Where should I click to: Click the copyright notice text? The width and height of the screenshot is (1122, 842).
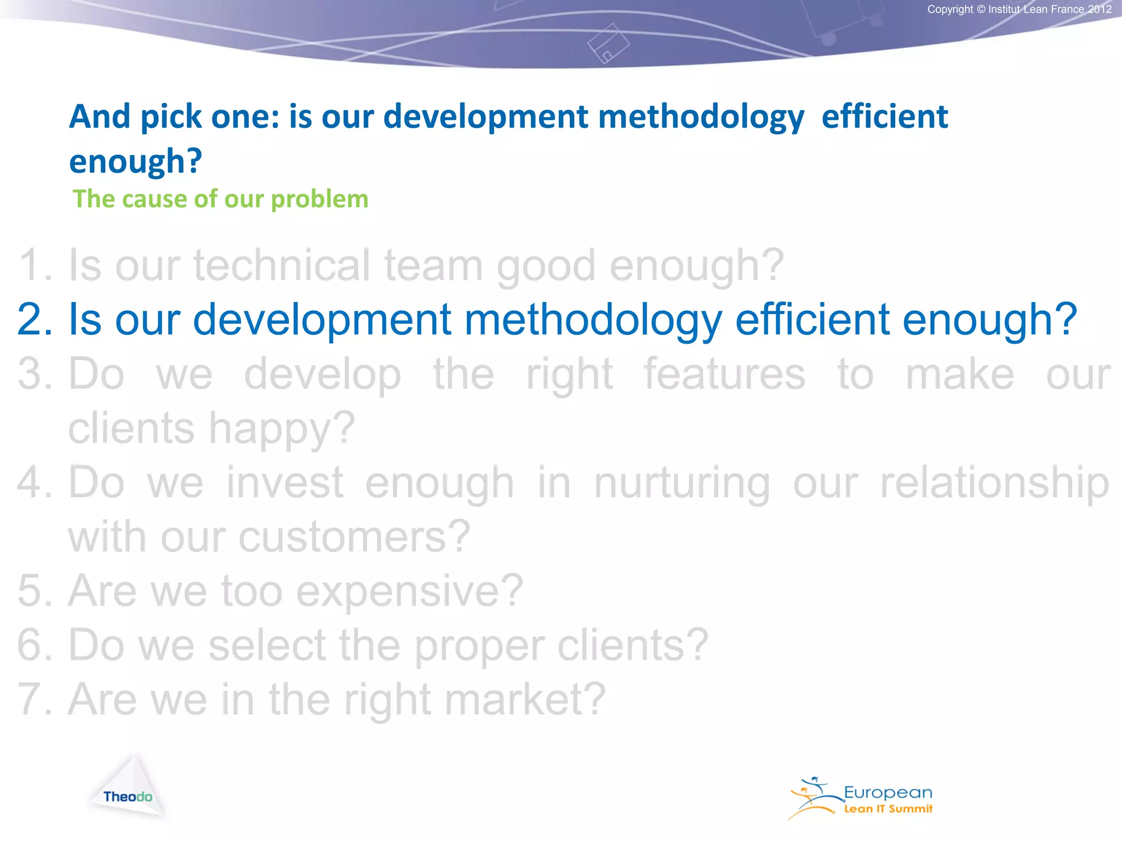1019,9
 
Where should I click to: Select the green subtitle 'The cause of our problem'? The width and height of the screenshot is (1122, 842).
220,199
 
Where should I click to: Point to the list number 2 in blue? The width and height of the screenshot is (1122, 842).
35,320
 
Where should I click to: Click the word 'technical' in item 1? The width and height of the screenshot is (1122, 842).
282,265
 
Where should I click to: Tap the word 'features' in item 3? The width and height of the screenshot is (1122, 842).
724,374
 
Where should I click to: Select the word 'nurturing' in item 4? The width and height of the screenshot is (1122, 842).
682,483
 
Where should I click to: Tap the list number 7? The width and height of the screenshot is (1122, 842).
35,699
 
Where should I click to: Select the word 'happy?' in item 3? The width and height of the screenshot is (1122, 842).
282,429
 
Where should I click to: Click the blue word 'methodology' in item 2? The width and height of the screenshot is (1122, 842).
593,320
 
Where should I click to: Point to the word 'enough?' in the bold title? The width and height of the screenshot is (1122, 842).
135,162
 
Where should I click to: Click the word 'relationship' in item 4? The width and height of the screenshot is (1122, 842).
994,483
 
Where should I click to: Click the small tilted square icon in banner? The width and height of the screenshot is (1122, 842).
608,43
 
